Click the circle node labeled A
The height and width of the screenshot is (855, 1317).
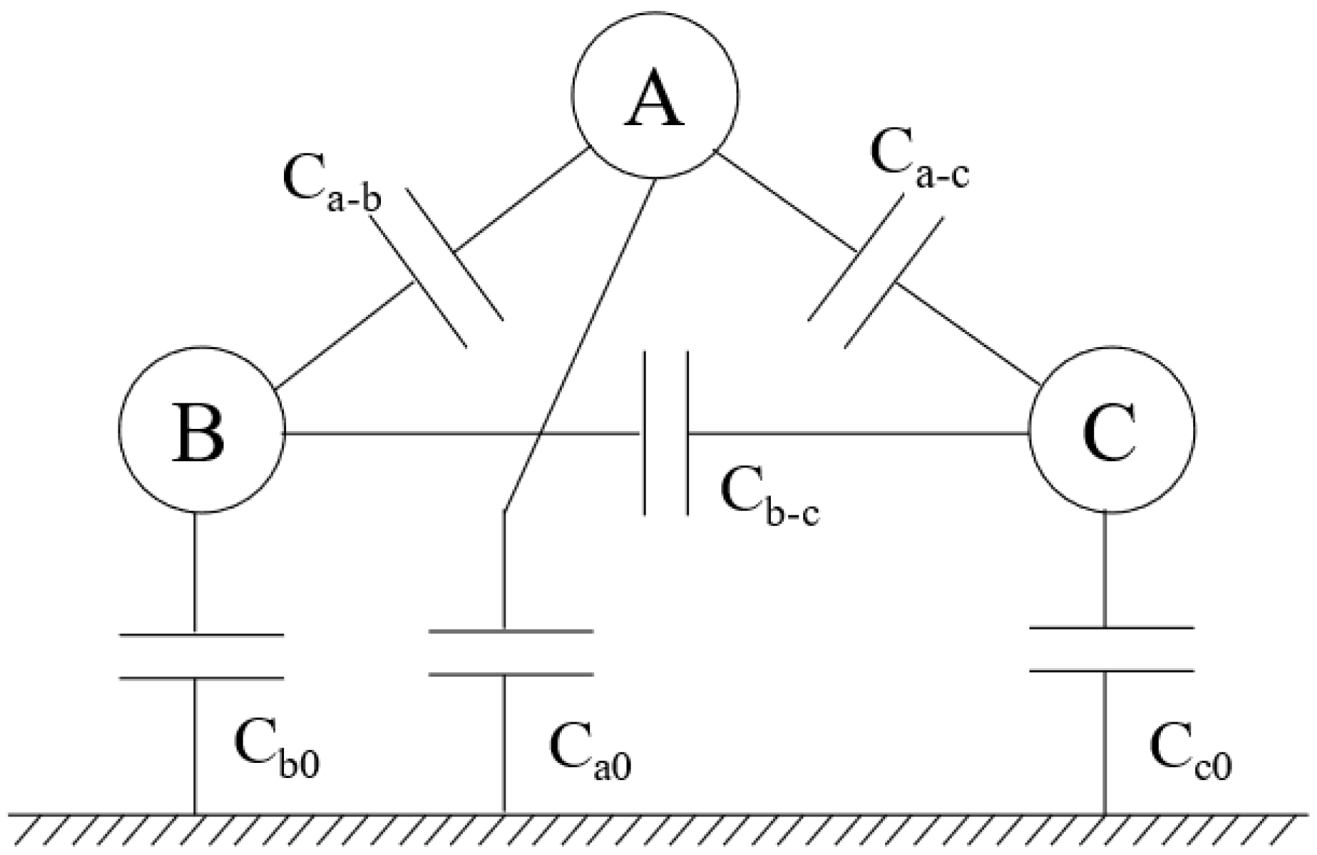(x=655, y=96)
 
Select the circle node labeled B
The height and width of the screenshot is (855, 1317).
(x=201, y=430)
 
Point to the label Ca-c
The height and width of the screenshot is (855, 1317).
(x=919, y=159)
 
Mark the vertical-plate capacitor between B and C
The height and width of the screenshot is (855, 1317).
(x=666, y=433)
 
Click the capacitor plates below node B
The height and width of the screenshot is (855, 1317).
(x=201, y=656)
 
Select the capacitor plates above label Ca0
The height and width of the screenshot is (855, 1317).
(x=510, y=652)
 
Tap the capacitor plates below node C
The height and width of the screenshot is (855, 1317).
(x=1111, y=649)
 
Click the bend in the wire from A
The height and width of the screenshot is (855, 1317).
(x=505, y=511)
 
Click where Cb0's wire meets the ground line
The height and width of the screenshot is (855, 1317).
(x=195, y=815)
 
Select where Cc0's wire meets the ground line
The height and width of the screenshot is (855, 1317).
(x=1104, y=815)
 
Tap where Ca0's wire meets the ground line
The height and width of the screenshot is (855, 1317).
(x=505, y=815)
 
